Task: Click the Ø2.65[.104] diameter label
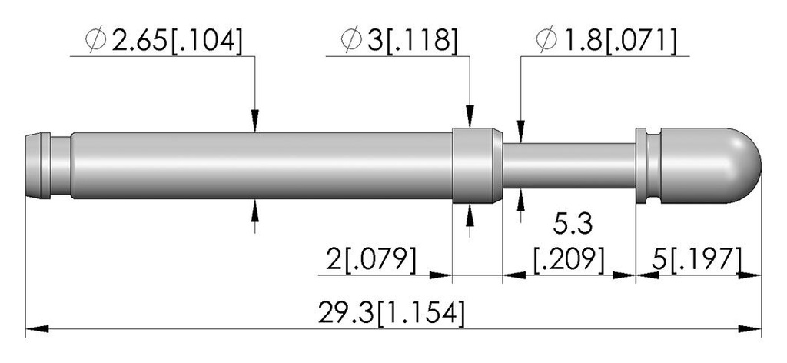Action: [x=164, y=41]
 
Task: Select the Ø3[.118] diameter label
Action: [x=400, y=41]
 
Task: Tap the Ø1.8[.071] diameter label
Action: [x=606, y=41]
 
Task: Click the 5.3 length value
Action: [x=573, y=225]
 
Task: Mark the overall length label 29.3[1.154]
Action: [x=391, y=313]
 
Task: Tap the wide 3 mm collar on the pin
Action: [x=477, y=165]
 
